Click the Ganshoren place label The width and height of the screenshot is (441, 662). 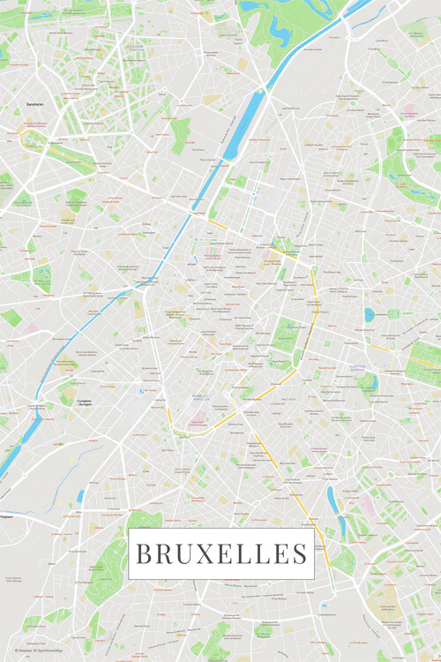click(x=35, y=104)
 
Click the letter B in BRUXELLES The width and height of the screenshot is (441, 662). click(x=144, y=554)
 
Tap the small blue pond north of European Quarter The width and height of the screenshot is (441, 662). click(x=369, y=314)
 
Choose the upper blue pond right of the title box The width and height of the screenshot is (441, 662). click(x=332, y=499)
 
